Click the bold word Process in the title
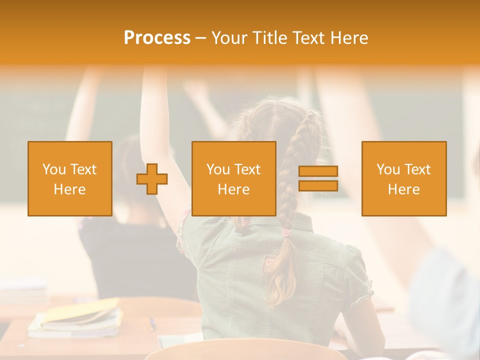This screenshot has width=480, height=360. [x=157, y=38]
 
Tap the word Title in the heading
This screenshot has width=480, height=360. [x=270, y=38]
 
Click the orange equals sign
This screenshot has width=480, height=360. [x=318, y=178]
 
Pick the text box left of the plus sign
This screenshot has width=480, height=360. [x=70, y=178]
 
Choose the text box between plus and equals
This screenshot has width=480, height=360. [x=233, y=178]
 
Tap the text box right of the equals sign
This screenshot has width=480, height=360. [x=404, y=178]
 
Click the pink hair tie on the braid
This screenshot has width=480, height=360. [x=286, y=233]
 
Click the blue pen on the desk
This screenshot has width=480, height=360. [x=151, y=324]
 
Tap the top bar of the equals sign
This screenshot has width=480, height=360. [x=318, y=171]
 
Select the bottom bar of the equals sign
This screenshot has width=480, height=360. [x=318, y=186]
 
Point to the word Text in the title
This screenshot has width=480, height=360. [x=308, y=38]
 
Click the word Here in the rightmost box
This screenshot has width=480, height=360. [x=404, y=189]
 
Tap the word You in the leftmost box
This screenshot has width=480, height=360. [x=54, y=169]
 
